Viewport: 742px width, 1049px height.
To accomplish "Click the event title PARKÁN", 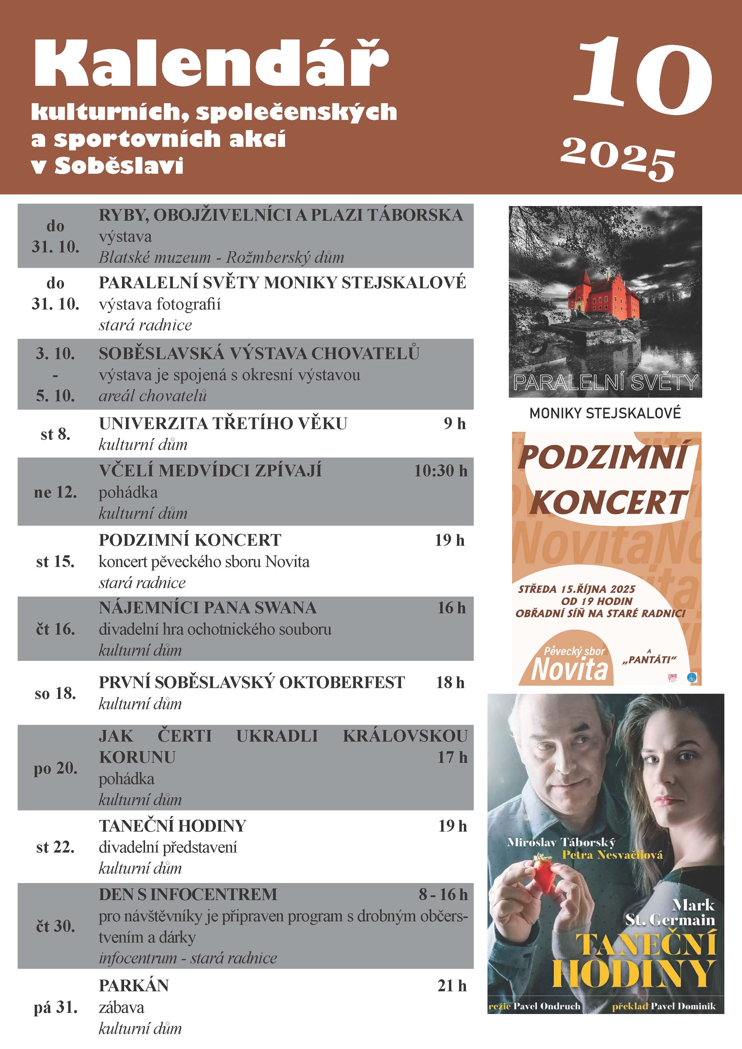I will [134, 986].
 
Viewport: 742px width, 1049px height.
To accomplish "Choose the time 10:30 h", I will [441, 471].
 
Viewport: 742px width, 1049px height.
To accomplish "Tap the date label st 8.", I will [55, 434].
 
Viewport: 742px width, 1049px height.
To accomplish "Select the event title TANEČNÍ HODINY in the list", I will [173, 826].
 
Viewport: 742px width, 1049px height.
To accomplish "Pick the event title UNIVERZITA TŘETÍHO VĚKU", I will [223, 423].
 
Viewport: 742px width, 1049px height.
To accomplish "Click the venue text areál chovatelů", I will [153, 396].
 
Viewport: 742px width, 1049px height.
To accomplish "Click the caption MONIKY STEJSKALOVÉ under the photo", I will [605, 414].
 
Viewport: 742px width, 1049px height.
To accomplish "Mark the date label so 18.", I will [55, 693].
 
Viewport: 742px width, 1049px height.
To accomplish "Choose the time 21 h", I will [452, 986].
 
